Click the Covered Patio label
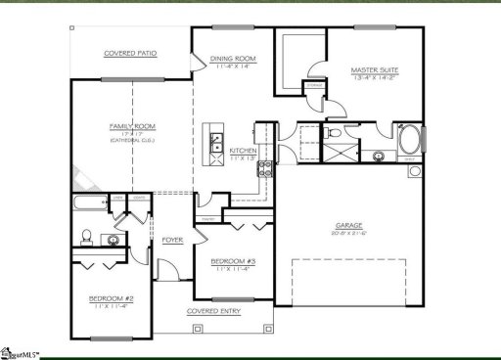pyautogui.click(x=131, y=53)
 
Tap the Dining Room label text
pyautogui.click(x=233, y=59)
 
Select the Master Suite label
pyautogui.click(x=375, y=70)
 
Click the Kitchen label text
pyautogui.click(x=242, y=151)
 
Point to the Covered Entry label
pyautogui.click(x=215, y=312)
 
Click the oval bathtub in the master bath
pyautogui.click(x=410, y=141)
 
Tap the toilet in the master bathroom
pyautogui.click(x=336, y=133)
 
